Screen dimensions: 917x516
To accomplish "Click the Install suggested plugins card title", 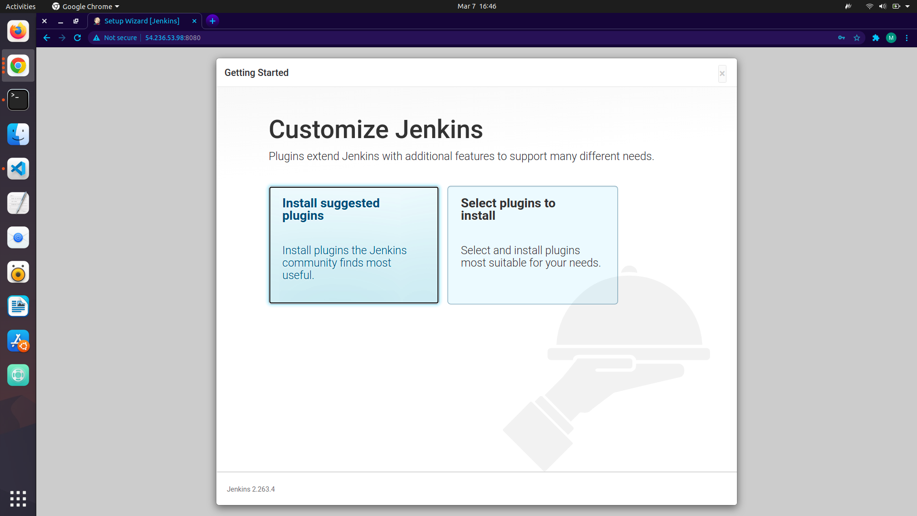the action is [x=331, y=209].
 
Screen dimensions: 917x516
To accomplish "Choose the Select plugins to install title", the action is [x=508, y=209].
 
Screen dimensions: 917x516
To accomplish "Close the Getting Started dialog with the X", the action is [x=722, y=74].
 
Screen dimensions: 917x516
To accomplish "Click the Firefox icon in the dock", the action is [x=18, y=31].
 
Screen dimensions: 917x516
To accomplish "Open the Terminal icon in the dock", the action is [x=18, y=100].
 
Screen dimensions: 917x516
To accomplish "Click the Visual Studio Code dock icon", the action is [x=18, y=169].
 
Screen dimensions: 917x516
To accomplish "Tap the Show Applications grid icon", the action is [x=18, y=498].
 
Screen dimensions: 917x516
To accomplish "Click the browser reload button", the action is [x=77, y=38].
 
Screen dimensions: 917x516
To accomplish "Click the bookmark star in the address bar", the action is [x=857, y=38].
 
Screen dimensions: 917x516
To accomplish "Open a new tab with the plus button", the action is [x=213, y=21].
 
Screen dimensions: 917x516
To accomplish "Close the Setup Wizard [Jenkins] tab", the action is [x=194, y=21].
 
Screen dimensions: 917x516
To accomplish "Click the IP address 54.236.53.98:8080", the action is [x=173, y=38].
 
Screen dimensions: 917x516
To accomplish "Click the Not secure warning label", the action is [x=120, y=38].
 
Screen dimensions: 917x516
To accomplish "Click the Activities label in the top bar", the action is [x=21, y=6].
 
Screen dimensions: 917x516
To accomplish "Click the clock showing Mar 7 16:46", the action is [x=477, y=6].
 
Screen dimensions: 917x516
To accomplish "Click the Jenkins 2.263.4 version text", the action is [x=251, y=489].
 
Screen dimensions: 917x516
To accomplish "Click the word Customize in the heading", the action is [x=329, y=129].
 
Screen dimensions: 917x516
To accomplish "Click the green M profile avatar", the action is [x=891, y=38].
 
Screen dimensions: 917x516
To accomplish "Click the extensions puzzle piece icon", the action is [x=876, y=38].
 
